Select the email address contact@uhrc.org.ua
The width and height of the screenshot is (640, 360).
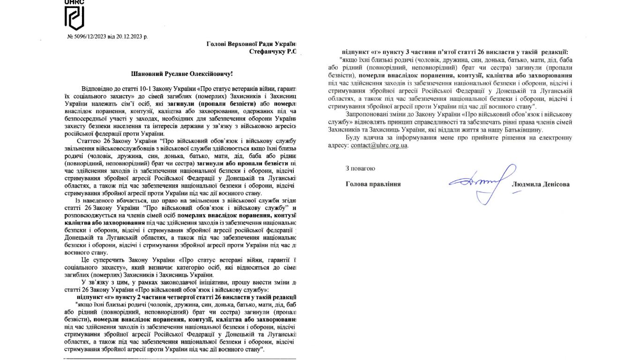coord(379,145)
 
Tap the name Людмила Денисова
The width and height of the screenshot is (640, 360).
coord(541,185)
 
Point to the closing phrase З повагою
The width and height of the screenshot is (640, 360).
coord(360,168)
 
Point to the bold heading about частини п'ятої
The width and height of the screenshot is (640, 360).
coord(454,52)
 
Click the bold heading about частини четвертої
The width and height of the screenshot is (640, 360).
coord(186,298)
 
